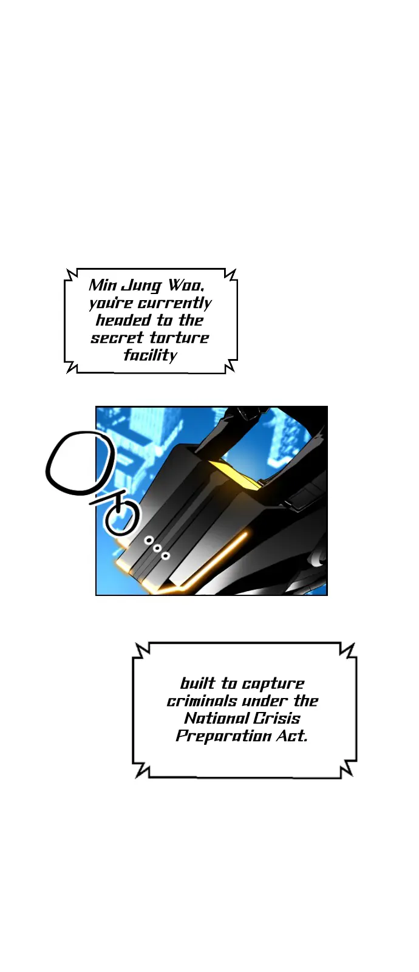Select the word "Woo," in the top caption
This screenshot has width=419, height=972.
click(185, 286)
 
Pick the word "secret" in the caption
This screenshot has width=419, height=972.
click(117, 338)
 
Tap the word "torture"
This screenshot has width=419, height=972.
click(179, 338)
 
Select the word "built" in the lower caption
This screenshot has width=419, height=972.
click(197, 683)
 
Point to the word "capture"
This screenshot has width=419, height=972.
click(273, 685)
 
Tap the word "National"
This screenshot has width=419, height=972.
click(216, 719)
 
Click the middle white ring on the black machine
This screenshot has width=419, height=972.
click(157, 548)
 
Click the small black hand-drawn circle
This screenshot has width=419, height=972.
click(122, 518)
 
